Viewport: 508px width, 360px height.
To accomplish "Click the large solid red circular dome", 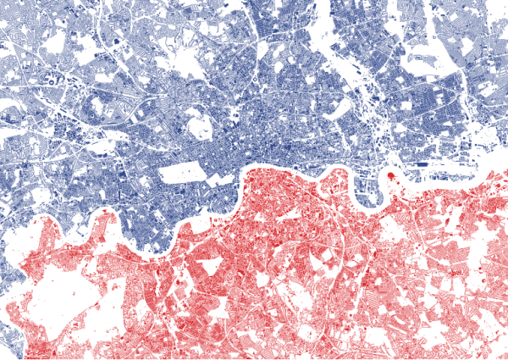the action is pos(391,176).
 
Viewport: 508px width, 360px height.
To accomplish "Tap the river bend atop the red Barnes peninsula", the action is pos(105,208).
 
